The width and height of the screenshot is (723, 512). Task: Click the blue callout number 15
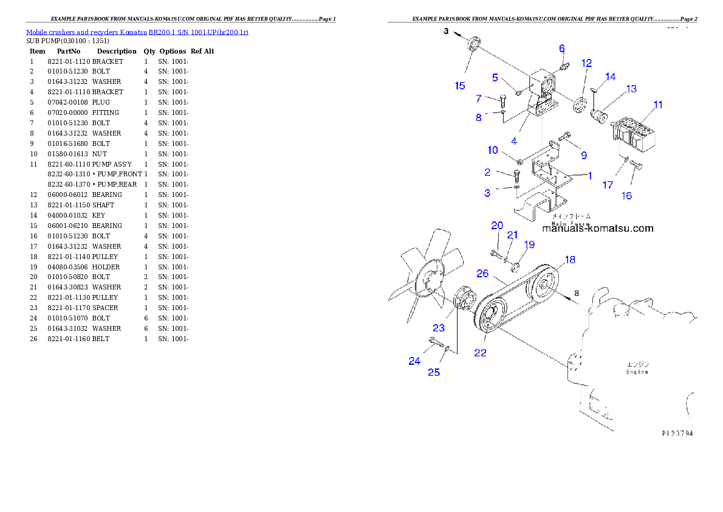460,86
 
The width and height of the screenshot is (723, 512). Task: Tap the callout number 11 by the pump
658,105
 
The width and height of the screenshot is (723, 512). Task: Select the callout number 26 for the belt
482,274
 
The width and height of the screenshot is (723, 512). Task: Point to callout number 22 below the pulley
480,353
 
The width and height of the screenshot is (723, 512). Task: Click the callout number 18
569,260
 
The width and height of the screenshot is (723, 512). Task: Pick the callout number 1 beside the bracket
589,176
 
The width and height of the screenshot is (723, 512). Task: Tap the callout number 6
562,48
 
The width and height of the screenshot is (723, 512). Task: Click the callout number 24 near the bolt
414,361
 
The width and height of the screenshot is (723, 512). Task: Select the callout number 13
631,89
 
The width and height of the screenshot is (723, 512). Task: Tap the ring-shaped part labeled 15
474,45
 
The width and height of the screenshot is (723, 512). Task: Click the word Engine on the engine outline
638,372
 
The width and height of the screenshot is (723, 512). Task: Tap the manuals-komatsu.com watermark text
597,229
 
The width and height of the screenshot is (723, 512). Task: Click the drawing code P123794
677,434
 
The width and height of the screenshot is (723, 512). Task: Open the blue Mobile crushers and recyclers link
137,32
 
